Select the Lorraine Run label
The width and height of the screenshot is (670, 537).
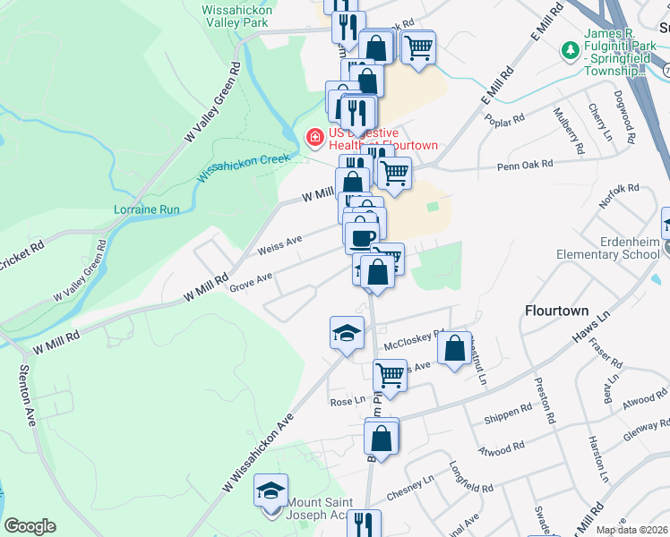coord(147,209)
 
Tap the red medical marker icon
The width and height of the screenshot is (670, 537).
coord(314,139)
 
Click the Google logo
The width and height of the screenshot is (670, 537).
coord(30,526)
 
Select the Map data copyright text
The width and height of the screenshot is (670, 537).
coord(632,530)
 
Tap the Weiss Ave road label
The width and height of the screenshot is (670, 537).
coord(280,243)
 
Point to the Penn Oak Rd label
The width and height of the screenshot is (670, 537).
coord(527,165)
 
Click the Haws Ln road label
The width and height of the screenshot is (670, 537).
coord(592,328)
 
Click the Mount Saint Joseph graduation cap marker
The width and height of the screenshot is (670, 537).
coord(271,491)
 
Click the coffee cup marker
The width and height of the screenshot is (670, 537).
coord(361,237)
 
